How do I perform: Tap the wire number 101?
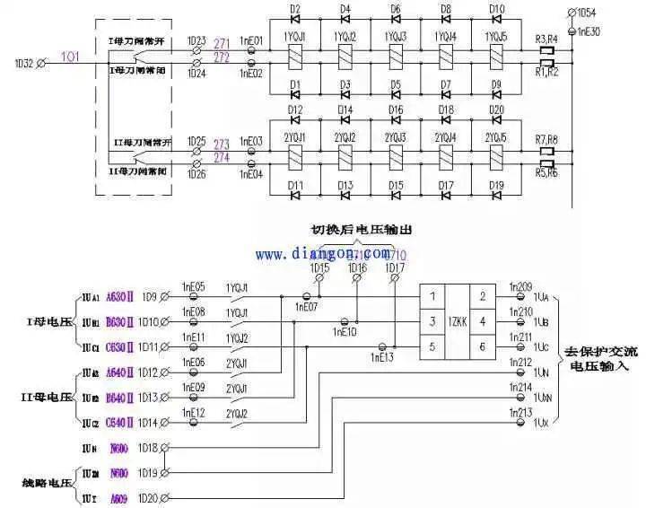[69, 56]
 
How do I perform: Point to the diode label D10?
[496, 9]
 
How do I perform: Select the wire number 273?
[222, 144]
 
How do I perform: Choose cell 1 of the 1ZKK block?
[432, 295]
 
